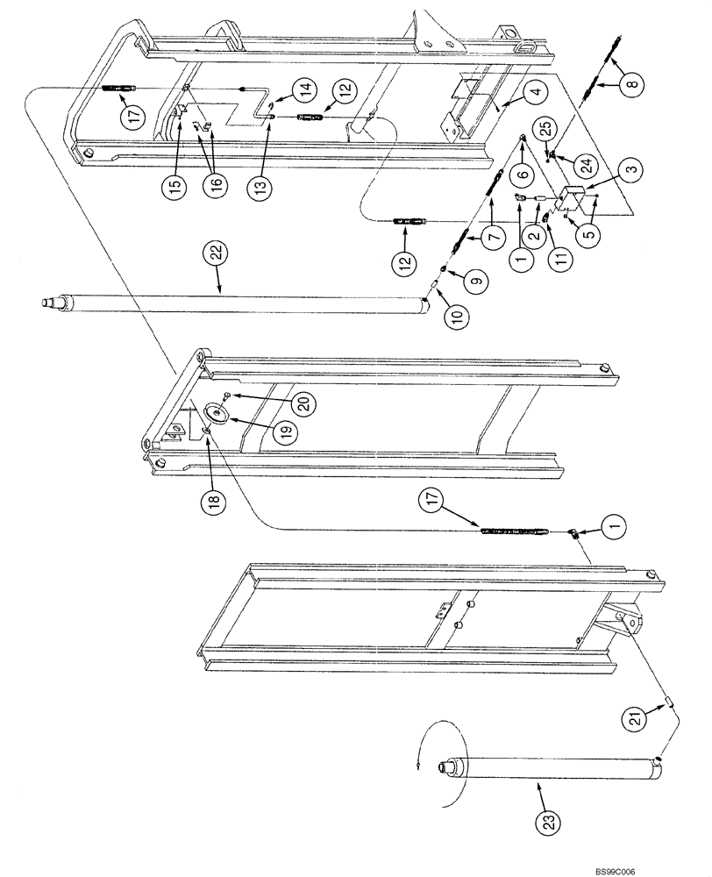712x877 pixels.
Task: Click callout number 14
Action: pos(305,89)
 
